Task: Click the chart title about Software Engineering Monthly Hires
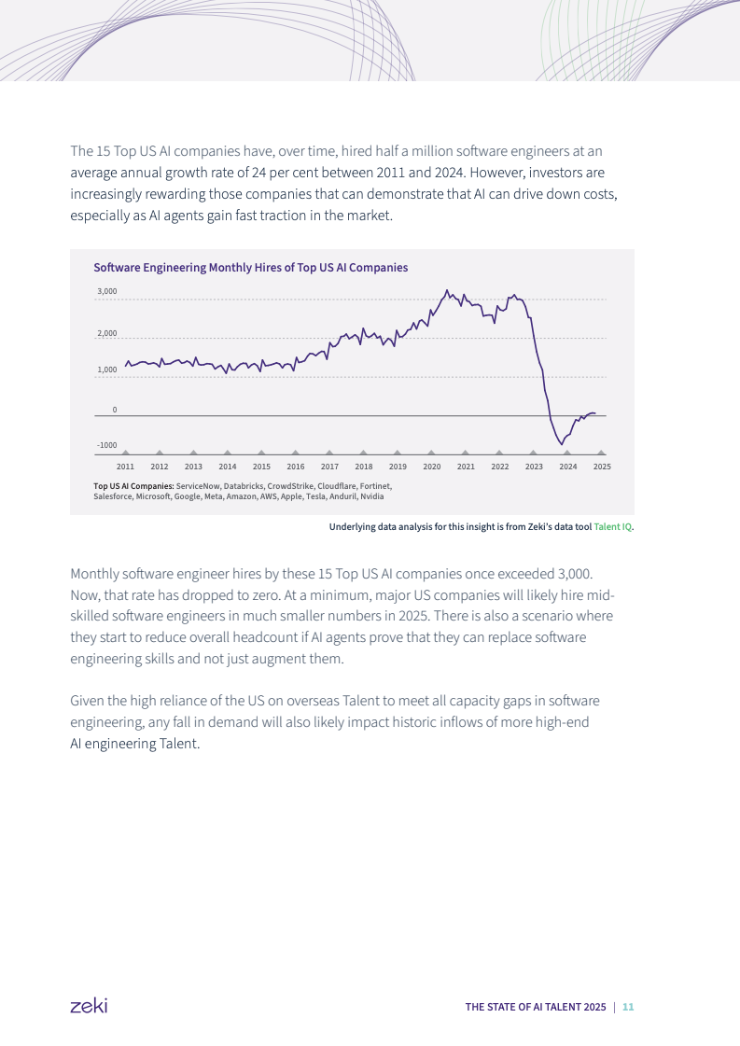pos(250,268)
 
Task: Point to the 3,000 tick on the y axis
pos(107,292)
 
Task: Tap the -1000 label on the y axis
pos(106,446)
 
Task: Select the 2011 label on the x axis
pos(125,467)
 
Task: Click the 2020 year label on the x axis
pos(431,467)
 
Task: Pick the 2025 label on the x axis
pos(602,467)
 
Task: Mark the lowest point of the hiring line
pos(561,444)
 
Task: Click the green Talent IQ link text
pos(613,527)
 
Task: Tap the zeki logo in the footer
pos(89,1006)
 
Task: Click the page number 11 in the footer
pos(628,1007)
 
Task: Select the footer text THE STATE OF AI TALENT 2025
pos(536,1007)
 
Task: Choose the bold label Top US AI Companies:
pos(133,486)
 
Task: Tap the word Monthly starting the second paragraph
pos(93,572)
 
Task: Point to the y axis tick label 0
pos(115,410)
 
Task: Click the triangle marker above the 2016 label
pos(296,453)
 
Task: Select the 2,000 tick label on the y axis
pos(107,333)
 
